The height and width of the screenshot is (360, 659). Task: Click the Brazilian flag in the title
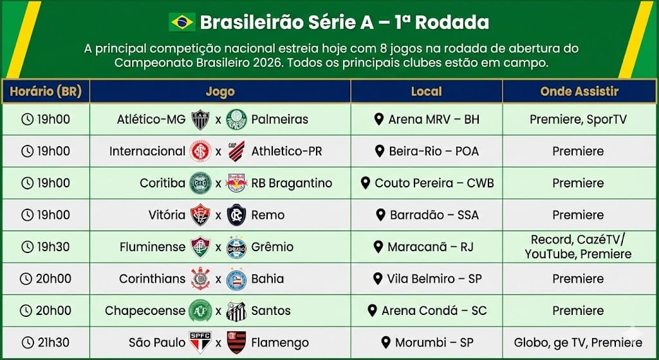click(x=182, y=22)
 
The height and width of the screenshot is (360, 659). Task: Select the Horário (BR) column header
click(x=46, y=91)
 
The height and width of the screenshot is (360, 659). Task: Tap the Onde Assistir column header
click(x=579, y=91)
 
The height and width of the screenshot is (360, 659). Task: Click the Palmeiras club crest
click(x=237, y=119)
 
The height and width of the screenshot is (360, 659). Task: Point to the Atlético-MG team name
click(x=151, y=119)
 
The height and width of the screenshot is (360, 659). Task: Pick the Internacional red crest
click(x=201, y=151)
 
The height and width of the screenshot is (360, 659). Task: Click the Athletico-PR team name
click(x=286, y=151)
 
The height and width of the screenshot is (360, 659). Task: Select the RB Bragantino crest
click(x=237, y=184)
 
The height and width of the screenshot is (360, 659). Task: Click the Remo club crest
click(x=237, y=215)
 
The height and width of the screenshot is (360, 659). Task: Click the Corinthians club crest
click(x=201, y=278)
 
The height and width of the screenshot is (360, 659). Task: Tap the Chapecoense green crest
click(x=200, y=310)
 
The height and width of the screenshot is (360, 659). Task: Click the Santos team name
click(x=271, y=311)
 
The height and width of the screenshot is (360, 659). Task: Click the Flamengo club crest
click(x=237, y=343)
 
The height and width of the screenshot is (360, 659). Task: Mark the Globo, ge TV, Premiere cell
click(x=579, y=343)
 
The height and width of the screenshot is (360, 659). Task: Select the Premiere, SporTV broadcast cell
click(x=579, y=119)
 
